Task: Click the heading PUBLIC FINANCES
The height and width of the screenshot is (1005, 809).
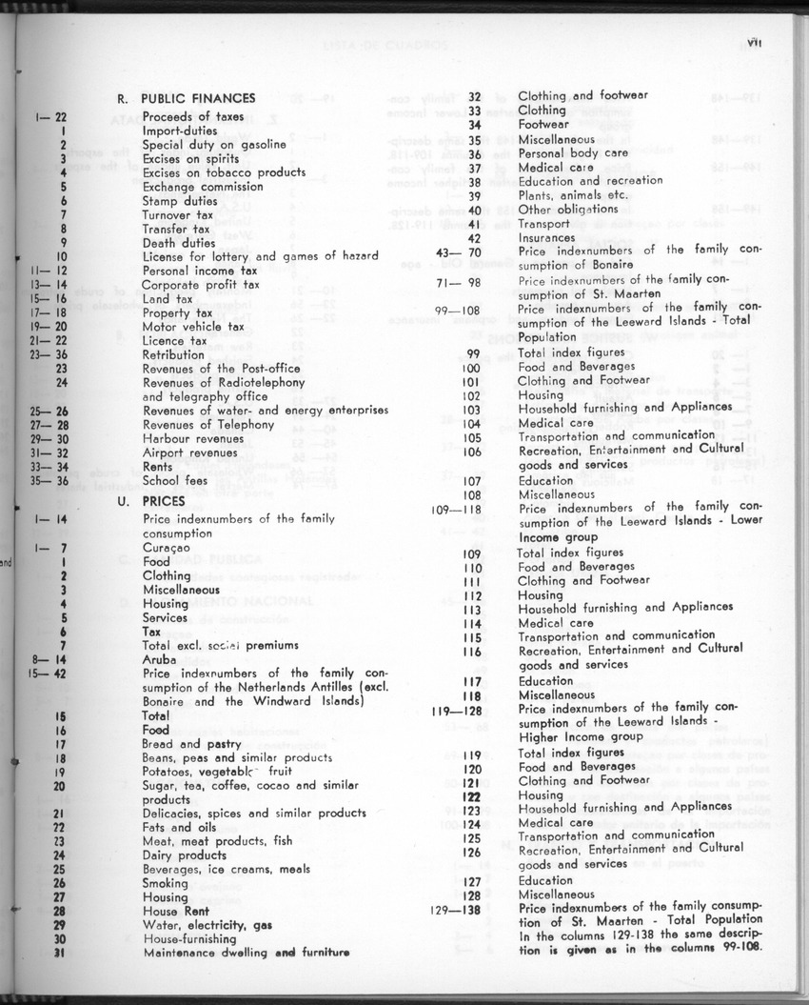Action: coord(198,98)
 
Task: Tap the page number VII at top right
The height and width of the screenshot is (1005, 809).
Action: coord(757,42)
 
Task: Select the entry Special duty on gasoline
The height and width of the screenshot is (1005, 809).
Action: coord(214,145)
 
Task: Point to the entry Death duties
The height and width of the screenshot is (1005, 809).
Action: coord(180,242)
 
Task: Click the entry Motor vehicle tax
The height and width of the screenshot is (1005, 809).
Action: coord(193,327)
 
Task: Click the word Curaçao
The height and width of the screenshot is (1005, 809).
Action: coord(167,548)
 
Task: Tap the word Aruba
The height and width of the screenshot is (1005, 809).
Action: coord(159,659)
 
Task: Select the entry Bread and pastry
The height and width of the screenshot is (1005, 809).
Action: coord(191,744)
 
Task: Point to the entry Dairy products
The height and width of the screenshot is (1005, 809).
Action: coord(185,855)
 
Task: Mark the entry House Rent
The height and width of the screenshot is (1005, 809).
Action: coord(176,911)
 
